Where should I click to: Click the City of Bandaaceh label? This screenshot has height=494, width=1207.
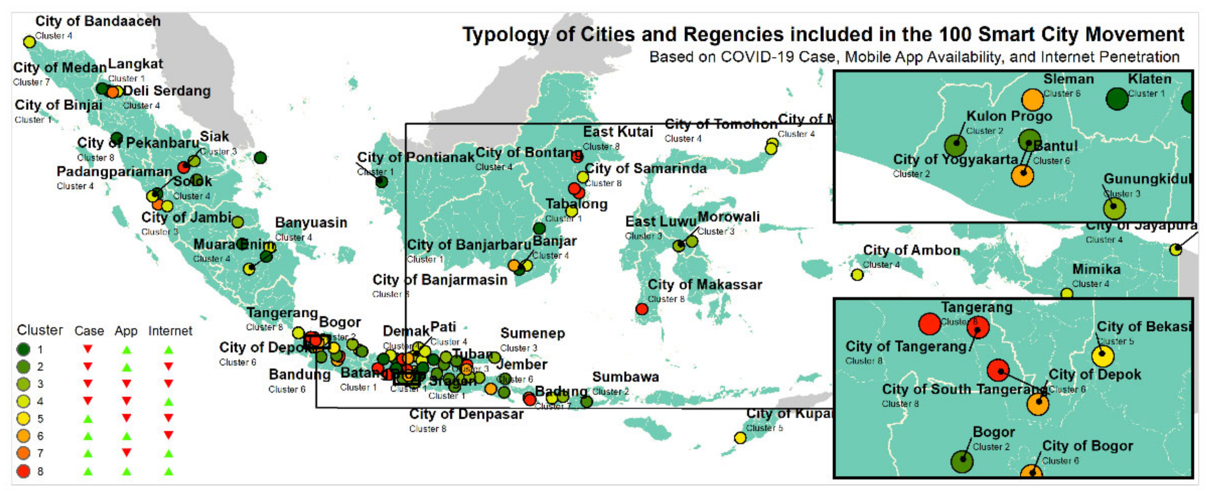[x=98, y=21]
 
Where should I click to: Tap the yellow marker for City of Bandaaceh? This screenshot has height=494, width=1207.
[x=29, y=42]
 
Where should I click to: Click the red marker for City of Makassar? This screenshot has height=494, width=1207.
[x=642, y=309]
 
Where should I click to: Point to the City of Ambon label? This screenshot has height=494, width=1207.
[x=912, y=250]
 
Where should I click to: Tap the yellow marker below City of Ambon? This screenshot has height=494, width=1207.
[x=857, y=274]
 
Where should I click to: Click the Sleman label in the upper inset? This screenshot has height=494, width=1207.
[x=1068, y=79]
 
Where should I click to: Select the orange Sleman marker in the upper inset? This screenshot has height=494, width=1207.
[x=1032, y=99]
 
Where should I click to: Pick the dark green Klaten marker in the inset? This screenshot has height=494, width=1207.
[x=1117, y=99]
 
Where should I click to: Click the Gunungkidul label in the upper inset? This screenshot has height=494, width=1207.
[x=1147, y=179]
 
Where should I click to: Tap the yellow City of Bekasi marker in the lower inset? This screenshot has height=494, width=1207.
[x=1103, y=356]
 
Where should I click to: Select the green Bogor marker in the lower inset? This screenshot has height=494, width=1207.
[x=962, y=461]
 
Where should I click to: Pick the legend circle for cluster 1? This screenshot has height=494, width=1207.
[x=24, y=349]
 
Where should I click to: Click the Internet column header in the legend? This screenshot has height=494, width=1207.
[x=170, y=331]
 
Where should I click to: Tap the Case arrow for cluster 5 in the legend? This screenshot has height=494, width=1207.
[x=88, y=419]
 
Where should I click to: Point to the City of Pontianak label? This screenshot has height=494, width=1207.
[x=416, y=157]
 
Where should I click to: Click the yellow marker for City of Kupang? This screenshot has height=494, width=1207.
[x=740, y=438]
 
